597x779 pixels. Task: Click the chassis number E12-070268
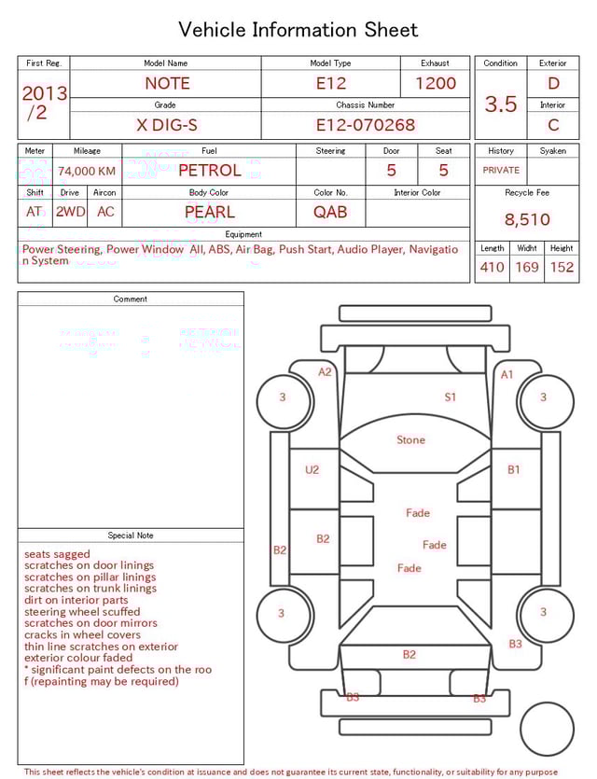click(366, 125)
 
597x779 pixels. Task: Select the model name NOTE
click(167, 83)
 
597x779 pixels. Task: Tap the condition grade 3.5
click(501, 104)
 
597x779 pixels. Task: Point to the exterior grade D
click(553, 83)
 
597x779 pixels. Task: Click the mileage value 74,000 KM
click(87, 172)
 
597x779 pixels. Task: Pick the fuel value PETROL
click(210, 171)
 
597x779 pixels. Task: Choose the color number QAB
click(330, 212)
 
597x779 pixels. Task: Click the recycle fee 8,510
click(527, 219)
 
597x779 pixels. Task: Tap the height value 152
click(562, 267)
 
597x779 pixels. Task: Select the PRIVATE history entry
click(501, 170)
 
